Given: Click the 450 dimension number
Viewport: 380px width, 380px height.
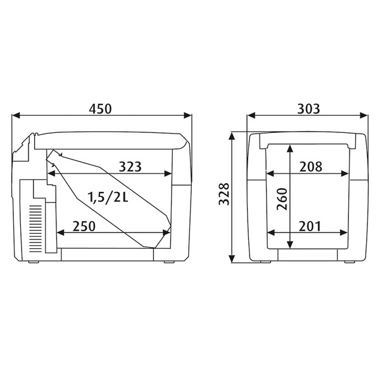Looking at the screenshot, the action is pos(100,109).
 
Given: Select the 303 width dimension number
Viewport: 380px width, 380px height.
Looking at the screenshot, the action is pos(308,109).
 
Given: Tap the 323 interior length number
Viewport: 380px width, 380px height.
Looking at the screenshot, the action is pos(130,167).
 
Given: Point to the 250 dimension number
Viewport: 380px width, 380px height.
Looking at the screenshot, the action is pos(84,226).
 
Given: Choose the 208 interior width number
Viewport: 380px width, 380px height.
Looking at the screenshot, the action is pos(311,167).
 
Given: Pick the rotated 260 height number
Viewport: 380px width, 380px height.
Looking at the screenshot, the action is pos(282,199).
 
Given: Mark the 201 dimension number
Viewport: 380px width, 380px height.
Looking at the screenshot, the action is pos(310,226).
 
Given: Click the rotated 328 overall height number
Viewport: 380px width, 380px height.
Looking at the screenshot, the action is pos(224,194).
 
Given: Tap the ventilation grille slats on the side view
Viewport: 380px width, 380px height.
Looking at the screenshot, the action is pos(35,229).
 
